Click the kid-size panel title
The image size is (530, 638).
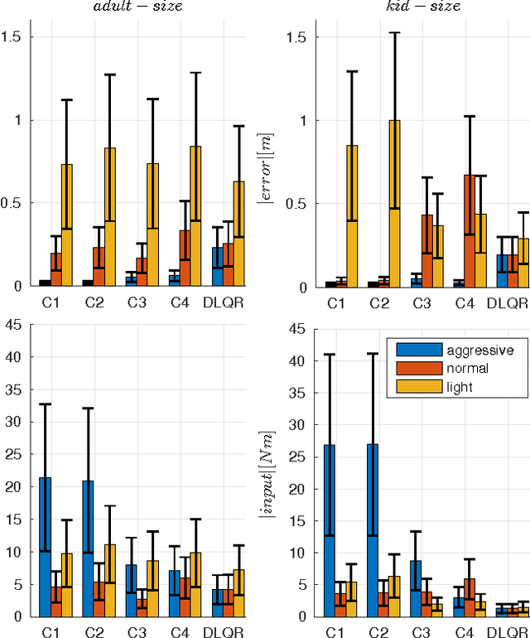[424, 7]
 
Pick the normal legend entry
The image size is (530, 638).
[455, 369]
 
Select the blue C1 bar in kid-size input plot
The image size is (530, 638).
[330, 530]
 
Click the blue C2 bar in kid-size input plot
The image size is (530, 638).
[373, 530]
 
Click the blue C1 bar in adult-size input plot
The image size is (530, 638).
[45, 547]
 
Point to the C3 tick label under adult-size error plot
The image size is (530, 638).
[137, 302]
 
